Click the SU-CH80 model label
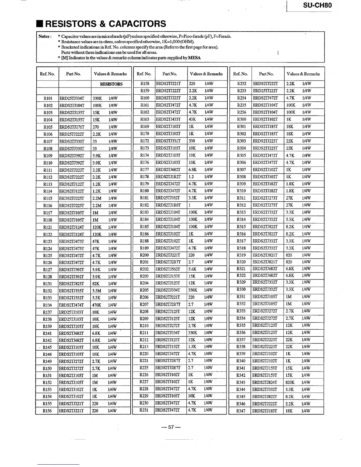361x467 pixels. point(317,5)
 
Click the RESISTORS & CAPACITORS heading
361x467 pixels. point(101,24)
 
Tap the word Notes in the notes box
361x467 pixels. point(45,37)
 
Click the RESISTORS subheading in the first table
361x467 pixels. point(111,84)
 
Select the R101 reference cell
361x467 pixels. point(48,98)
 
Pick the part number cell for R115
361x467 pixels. point(72,198)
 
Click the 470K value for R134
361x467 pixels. point(97,305)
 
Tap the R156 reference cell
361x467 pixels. point(47,411)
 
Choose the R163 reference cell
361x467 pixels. point(145,119)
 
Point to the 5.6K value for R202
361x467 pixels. point(192,269)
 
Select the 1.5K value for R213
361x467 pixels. point(192,347)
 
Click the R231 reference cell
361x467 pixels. point(144,410)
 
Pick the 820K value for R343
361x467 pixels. point(290,382)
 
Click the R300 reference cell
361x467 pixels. point(241,119)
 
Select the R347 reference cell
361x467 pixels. point(241,411)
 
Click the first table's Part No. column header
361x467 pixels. point(73,74)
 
